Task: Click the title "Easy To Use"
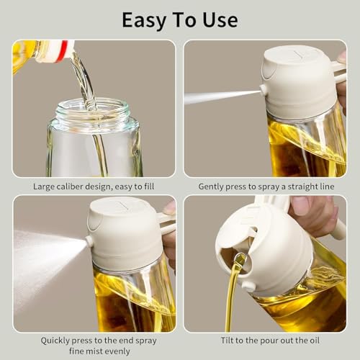(x=179, y=19)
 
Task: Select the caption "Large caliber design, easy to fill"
(x=94, y=186)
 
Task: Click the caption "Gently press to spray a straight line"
(x=265, y=186)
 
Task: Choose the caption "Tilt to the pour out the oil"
(x=265, y=339)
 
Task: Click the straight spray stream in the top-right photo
(x=220, y=95)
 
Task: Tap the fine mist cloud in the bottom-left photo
(x=40, y=259)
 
